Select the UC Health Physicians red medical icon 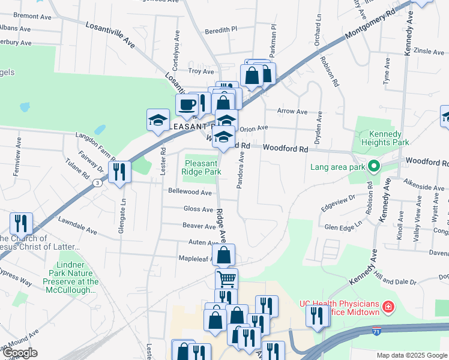[x=389, y=308]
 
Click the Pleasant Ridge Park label [x=202, y=167]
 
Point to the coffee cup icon [x=187, y=104]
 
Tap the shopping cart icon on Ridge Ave [x=226, y=278]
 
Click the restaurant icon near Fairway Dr [x=119, y=172]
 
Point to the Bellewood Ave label [x=190, y=193]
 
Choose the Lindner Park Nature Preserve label [x=70, y=277]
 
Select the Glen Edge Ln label [x=343, y=227]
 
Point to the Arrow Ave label [x=292, y=111]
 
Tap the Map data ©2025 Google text [x=411, y=355]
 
